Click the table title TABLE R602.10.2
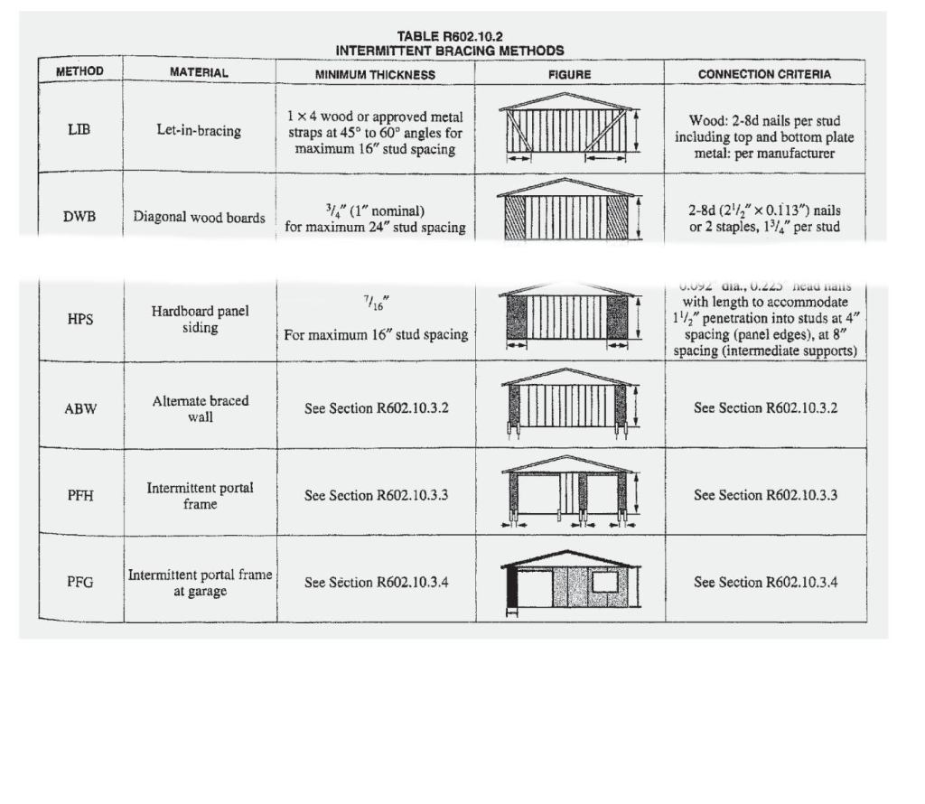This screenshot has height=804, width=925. click(449, 37)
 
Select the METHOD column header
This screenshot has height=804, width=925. click(79, 71)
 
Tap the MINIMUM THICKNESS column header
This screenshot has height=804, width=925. click(375, 74)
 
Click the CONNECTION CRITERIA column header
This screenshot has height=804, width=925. click(764, 74)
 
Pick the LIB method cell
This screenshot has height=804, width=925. click(79, 129)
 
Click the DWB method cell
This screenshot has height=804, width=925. click(79, 217)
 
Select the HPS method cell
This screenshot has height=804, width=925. click(79, 319)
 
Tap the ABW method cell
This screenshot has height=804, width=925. click(79, 407)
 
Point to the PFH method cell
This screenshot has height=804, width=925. click(79, 495)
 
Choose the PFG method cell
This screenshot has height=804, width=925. click(79, 582)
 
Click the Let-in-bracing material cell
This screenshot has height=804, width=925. click(199, 131)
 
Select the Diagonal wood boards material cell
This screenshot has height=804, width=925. click(200, 217)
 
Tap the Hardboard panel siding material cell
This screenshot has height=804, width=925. click(200, 319)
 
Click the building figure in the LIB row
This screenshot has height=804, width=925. click(567, 127)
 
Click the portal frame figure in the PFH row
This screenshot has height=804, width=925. click(569, 493)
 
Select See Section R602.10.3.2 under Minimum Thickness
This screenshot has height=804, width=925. click(376, 408)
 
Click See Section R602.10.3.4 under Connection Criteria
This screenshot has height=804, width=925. click(765, 582)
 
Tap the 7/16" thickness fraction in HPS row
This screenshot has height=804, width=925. click(376, 304)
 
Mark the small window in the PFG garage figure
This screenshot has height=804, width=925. click(604, 582)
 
